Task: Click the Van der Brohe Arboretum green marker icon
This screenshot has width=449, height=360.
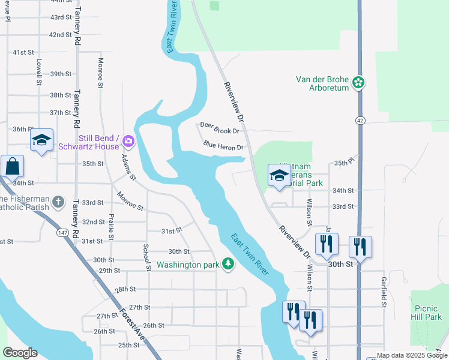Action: tap(359, 82)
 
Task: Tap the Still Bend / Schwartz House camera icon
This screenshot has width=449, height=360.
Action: tap(128, 142)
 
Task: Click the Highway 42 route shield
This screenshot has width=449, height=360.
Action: tap(359, 121)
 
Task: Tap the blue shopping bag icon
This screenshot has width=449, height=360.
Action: tap(11, 166)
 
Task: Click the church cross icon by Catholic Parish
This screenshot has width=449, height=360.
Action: tap(58, 202)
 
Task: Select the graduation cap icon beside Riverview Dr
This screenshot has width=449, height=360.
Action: tap(279, 175)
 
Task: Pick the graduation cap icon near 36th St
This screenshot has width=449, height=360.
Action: tap(41, 140)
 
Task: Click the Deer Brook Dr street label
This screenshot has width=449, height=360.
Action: tap(220, 127)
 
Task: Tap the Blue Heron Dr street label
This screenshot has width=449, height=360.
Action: tap(223, 146)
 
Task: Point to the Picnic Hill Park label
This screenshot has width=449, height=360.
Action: tap(426, 312)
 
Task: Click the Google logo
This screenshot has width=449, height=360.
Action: tap(20, 353)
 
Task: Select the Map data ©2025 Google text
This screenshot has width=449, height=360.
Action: tap(412, 355)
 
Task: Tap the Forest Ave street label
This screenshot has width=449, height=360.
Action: tap(133, 328)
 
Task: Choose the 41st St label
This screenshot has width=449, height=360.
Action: tap(23, 52)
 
